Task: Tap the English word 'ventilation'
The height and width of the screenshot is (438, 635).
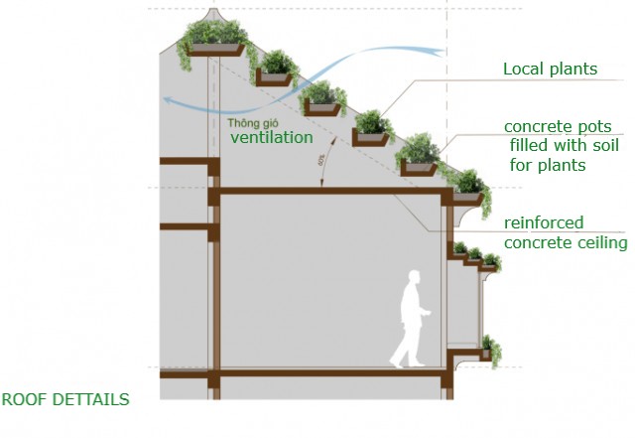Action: click(x=272, y=137)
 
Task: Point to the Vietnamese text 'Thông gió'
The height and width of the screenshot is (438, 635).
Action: click(x=250, y=123)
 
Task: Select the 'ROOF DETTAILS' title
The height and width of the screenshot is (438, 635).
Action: click(x=64, y=400)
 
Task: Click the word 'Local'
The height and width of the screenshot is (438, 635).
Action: click(x=523, y=70)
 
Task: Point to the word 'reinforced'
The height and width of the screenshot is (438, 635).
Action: click(x=544, y=222)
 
